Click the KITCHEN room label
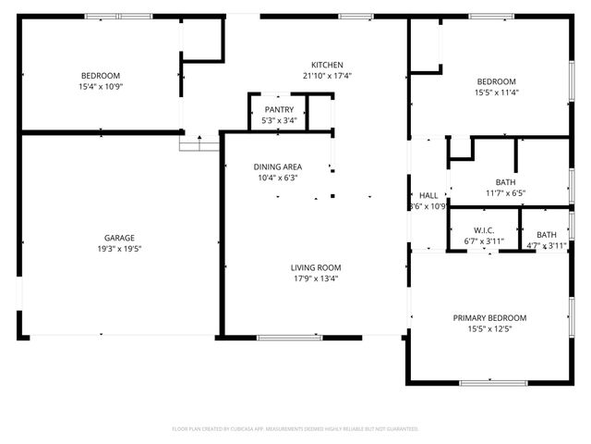328,64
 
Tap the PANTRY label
278,109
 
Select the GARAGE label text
119,238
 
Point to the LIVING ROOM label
317,267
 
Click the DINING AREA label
278,166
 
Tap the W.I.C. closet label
484,230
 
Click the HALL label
428,195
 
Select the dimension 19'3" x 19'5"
119,249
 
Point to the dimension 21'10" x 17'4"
328,76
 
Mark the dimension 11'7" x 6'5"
505,193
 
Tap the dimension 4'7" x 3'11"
547,246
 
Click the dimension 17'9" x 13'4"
317,278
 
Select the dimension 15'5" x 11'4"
496,92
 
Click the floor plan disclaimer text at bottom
295,429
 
